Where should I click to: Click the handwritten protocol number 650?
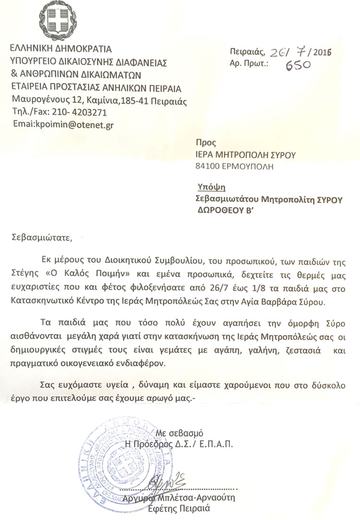(x=299, y=64)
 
